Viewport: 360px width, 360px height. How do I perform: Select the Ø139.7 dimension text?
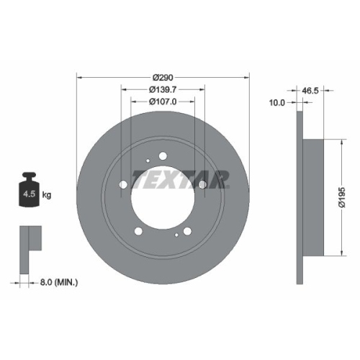(162, 89)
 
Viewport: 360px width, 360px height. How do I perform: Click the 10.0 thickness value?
(277, 103)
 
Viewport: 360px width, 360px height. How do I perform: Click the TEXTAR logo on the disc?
(183, 178)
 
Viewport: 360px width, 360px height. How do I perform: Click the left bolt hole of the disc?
(122, 186)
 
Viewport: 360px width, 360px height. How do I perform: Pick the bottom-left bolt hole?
(138, 232)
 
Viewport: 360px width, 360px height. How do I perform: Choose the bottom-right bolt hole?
(187, 232)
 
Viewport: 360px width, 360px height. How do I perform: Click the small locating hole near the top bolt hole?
(146, 161)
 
